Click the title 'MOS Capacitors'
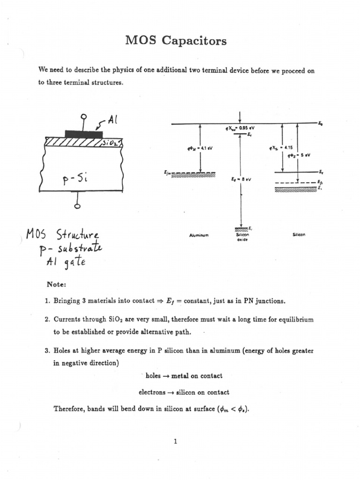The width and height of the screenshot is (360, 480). (x=176, y=41)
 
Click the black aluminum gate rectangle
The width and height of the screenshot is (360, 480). (x=83, y=134)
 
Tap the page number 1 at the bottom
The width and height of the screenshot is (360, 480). (x=174, y=441)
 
